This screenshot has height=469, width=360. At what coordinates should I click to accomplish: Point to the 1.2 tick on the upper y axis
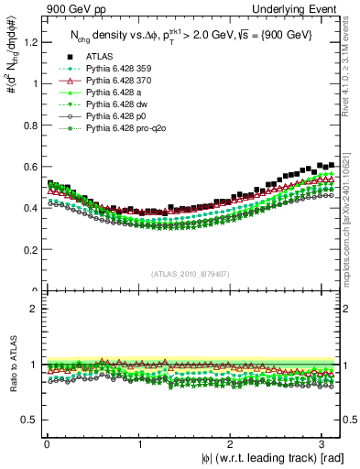point(29,42)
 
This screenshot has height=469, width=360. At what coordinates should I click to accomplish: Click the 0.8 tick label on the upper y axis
point(29,125)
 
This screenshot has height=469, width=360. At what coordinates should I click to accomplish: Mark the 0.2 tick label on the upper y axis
point(29,250)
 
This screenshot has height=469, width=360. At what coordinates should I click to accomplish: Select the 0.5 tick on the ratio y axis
point(29,420)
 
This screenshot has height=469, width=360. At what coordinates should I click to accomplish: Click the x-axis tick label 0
point(47,444)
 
